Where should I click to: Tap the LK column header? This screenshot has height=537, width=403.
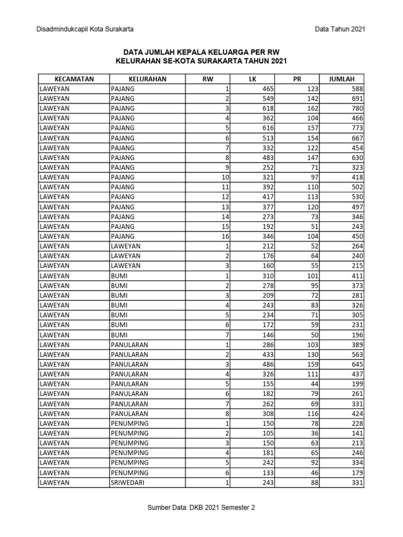252,79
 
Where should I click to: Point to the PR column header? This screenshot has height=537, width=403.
297,79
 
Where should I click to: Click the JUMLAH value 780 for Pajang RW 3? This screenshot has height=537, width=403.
357,109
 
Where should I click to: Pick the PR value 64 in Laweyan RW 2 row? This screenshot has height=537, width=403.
313,256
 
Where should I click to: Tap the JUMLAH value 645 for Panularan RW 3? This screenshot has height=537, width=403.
357,364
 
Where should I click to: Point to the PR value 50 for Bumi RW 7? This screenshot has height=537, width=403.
313,335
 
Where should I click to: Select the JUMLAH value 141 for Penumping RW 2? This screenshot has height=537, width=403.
357,433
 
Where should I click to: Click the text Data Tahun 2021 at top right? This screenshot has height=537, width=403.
340,29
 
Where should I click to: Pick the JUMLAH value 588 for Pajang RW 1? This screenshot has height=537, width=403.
357,89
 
